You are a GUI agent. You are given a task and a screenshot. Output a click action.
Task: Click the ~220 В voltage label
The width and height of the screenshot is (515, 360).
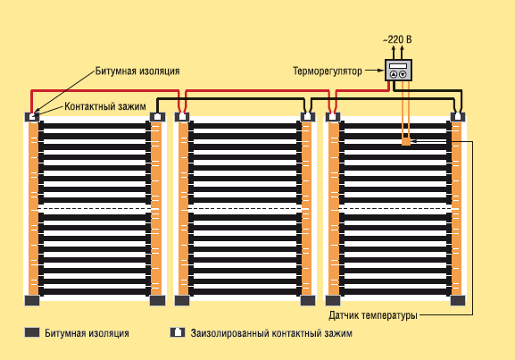(397, 40)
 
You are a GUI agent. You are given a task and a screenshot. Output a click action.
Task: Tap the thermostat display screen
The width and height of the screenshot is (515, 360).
(398, 66)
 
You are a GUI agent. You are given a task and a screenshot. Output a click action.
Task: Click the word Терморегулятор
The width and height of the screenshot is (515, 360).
(328, 71)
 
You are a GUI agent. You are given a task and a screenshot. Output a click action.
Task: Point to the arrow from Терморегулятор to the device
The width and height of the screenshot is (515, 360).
(375, 70)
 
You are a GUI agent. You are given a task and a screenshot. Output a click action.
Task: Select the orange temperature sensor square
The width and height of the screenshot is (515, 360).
(406, 141)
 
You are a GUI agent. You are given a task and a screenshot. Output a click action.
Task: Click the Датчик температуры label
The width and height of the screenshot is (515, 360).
(373, 315)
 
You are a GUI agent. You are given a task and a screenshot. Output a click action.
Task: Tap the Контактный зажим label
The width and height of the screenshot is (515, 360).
(105, 106)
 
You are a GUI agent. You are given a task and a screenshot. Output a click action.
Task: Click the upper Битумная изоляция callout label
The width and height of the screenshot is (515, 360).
(137, 71)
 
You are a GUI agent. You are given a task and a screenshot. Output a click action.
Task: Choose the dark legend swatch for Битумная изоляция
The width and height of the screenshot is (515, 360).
(32, 332)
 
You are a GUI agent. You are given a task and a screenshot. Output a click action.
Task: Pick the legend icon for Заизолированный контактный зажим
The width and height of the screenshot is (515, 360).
(178, 332)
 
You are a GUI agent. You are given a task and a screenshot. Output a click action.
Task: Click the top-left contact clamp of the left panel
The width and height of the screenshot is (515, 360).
(32, 117)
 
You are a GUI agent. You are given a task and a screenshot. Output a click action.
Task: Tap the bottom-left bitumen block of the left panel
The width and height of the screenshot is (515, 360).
(32, 300)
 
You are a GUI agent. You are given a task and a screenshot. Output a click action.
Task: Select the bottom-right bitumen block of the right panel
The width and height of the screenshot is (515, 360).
(458, 300)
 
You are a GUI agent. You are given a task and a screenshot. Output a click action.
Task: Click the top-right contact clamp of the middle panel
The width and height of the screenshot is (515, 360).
(308, 117)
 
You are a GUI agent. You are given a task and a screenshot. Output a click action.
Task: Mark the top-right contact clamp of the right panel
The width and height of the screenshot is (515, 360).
(458, 117)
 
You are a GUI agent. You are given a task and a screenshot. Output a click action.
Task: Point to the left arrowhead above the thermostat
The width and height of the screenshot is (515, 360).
(394, 48)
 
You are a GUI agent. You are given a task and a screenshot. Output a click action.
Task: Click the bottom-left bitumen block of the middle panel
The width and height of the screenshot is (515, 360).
(182, 300)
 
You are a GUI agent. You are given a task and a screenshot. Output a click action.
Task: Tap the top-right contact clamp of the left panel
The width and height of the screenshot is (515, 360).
(157, 117)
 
